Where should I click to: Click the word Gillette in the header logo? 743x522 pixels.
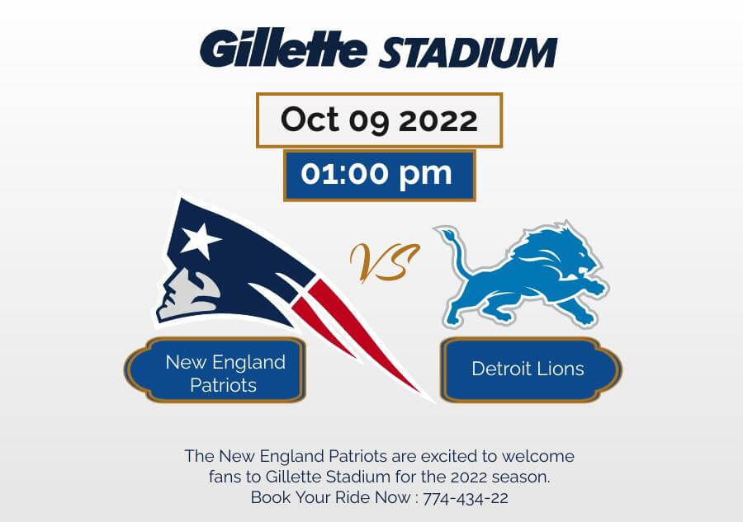[283, 48]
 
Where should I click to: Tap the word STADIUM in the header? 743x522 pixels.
[468, 52]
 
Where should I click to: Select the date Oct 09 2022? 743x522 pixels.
[379, 120]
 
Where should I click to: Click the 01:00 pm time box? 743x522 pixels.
[380, 176]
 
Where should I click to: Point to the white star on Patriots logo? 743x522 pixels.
[200, 240]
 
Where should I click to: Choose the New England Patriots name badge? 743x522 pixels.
[215, 370]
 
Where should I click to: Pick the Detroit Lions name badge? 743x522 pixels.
[531, 370]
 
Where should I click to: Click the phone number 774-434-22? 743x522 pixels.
[466, 498]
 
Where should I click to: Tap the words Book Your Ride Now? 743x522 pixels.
[331, 497]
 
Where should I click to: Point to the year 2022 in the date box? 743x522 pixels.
[438, 120]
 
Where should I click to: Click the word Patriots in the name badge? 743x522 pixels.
[223, 385]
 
